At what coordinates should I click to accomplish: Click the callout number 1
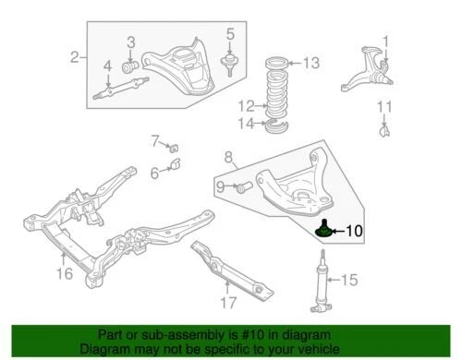coord(386,41)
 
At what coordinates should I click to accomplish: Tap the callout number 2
coord(74,60)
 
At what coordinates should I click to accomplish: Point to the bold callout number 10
coord(356,234)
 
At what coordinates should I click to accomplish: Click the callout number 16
coord(63,274)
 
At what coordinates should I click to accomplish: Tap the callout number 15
coord(348,280)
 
